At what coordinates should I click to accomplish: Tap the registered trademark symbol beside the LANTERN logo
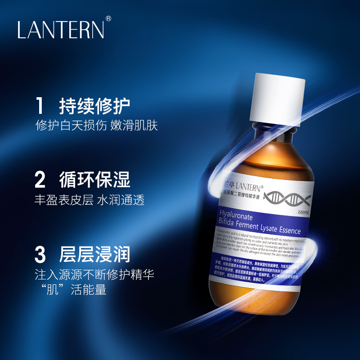coord(108,19)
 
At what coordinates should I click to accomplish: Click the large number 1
coord(40,106)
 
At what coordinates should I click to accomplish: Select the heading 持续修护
coord(95,106)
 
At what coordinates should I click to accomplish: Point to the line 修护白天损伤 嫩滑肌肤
coord(96,126)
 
